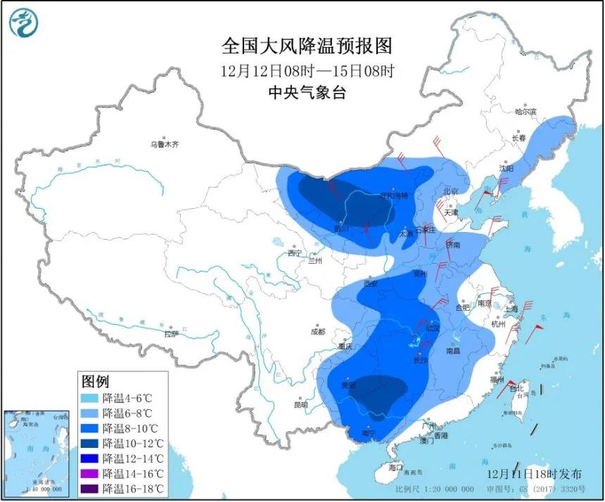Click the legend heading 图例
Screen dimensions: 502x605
(x=96, y=382)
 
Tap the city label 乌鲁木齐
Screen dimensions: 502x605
(x=164, y=145)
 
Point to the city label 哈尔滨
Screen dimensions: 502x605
(x=525, y=112)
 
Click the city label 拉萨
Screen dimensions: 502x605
(x=172, y=335)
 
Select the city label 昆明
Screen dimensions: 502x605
(x=301, y=405)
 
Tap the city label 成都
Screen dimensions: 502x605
(x=317, y=332)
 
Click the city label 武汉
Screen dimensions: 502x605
(x=432, y=328)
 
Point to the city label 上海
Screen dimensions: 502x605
(x=510, y=309)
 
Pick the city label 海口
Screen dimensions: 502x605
(x=395, y=468)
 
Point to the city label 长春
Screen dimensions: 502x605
(x=518, y=138)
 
